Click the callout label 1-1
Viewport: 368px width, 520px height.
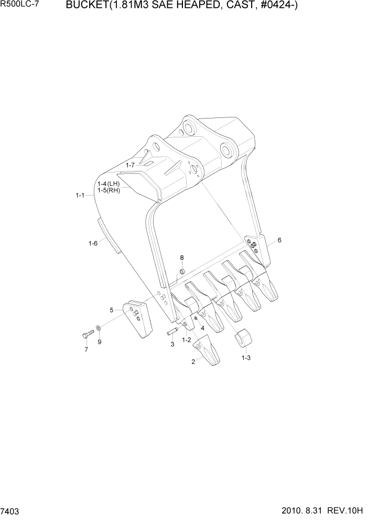[80, 196]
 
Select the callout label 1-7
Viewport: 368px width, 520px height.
[129, 165]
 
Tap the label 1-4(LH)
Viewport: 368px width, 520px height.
[109, 184]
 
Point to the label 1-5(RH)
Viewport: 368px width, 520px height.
[109, 190]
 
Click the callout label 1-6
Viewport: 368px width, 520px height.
[93, 243]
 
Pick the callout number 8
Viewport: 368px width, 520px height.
[182, 257]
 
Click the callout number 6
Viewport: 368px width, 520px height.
[279, 240]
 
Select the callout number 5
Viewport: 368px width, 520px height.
[112, 310]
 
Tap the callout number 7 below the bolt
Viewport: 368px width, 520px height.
[86, 350]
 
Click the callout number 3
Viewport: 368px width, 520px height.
[171, 344]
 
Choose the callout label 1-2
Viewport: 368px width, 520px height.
[186, 340]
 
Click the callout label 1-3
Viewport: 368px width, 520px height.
[246, 358]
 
